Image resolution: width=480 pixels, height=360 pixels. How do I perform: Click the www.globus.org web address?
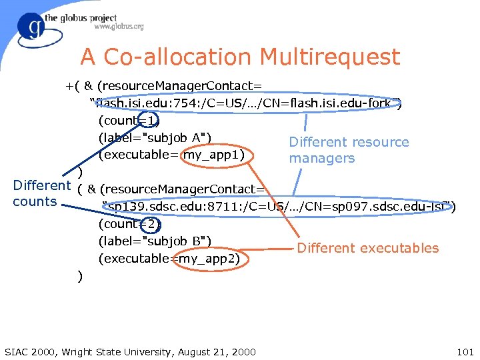(119, 27)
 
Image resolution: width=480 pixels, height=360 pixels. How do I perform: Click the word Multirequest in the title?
(329, 57)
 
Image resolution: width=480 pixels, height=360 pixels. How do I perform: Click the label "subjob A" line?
(155, 138)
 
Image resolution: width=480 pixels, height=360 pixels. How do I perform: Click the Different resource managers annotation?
(348, 150)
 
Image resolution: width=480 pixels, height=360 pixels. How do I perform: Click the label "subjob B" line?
(155, 241)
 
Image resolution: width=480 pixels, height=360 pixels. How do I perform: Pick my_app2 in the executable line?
(208, 258)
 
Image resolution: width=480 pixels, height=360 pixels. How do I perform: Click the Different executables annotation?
(368, 248)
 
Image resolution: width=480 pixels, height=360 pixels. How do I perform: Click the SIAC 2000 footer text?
(129, 351)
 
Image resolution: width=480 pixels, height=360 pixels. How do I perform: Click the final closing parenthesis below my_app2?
(80, 275)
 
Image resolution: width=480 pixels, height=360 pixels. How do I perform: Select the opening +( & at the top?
(79, 86)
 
